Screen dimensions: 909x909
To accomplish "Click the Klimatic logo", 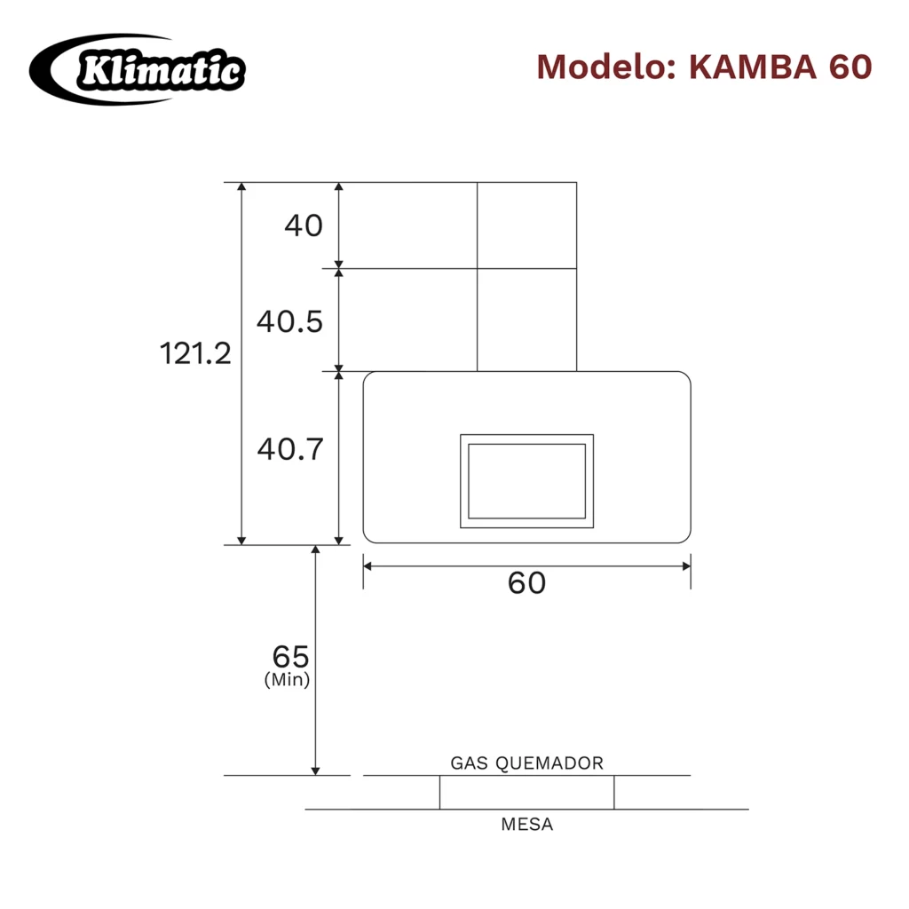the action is click(x=138, y=69).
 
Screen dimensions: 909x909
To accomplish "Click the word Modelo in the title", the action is click(x=606, y=67).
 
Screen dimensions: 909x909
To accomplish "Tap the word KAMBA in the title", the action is click(x=753, y=67).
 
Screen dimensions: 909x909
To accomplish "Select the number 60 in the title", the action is click(x=850, y=67).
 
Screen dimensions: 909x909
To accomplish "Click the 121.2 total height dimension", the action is click(x=195, y=353).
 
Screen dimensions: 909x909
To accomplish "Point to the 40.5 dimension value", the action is click(x=290, y=321).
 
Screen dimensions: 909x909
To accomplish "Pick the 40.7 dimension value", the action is click(x=290, y=448).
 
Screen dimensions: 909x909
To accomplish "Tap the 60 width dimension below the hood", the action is click(x=526, y=582).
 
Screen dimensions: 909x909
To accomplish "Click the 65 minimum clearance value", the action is click(x=290, y=657).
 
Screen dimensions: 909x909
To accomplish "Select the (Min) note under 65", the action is click(x=287, y=679).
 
